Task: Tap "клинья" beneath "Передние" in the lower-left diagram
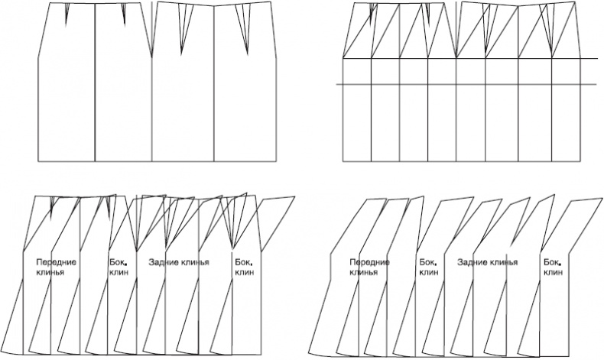pyautogui.click(x=50, y=271)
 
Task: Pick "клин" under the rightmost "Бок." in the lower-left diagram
pyautogui.click(x=243, y=271)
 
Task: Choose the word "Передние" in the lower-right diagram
pyautogui.click(x=370, y=262)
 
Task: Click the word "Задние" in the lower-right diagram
pyautogui.click(x=473, y=262)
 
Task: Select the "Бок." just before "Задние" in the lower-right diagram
pyautogui.click(x=427, y=262)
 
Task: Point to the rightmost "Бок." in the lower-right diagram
pyautogui.click(x=552, y=262)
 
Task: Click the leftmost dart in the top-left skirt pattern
pyautogui.click(x=67, y=11)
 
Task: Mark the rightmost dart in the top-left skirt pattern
pyautogui.click(x=246, y=31)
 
